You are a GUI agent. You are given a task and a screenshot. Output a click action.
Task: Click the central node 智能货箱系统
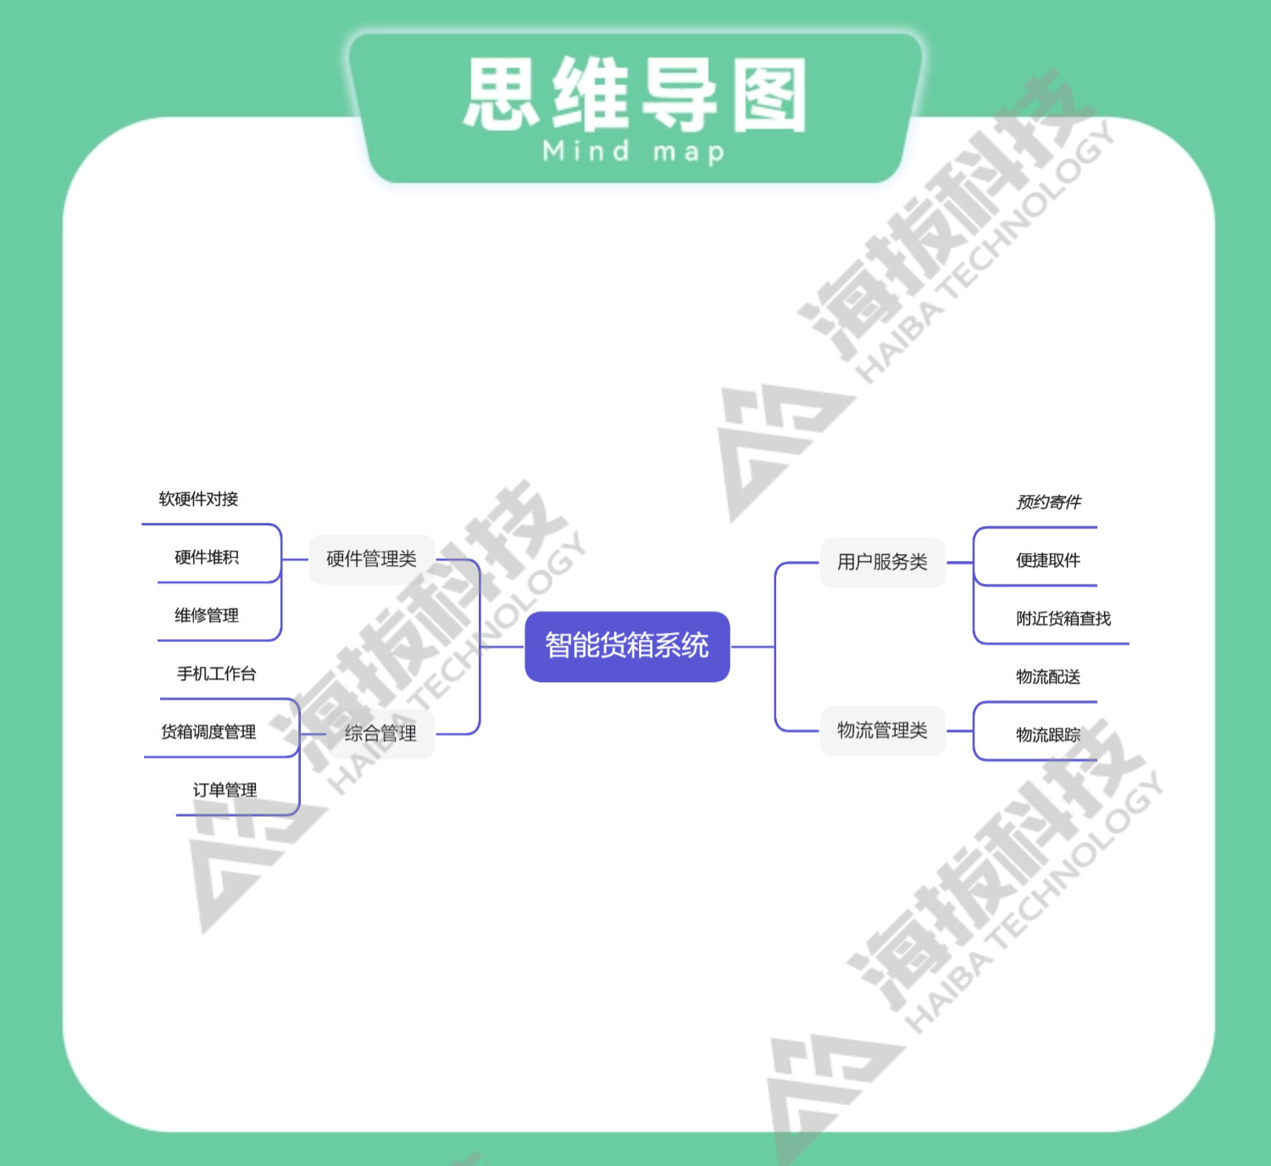(627, 647)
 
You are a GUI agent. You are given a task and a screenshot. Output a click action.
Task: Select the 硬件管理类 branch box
(371, 559)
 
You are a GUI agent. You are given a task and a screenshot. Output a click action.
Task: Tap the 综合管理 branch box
(380, 734)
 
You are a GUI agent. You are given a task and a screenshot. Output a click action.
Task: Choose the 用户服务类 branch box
(882, 562)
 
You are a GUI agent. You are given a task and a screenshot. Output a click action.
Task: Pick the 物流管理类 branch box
(882, 730)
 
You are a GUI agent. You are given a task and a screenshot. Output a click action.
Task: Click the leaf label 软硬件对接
(198, 499)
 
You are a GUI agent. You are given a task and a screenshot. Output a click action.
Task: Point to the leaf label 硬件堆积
(207, 558)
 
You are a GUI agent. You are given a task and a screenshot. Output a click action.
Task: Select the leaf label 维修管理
(207, 616)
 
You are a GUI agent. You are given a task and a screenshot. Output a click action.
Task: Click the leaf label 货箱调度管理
(208, 732)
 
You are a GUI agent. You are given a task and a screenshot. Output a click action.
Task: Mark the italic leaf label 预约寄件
(1048, 502)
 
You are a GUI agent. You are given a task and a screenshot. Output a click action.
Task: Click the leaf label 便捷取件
(1048, 561)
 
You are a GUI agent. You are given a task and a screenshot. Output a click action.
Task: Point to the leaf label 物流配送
(1048, 677)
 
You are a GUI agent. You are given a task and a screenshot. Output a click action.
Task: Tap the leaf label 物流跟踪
(1048, 736)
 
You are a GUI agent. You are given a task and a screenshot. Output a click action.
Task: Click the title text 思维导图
(635, 95)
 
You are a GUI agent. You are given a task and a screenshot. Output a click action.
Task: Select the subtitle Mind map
(634, 153)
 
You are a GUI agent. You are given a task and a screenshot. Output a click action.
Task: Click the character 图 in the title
(769, 95)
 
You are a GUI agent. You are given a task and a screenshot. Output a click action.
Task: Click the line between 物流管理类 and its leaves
(960, 730)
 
